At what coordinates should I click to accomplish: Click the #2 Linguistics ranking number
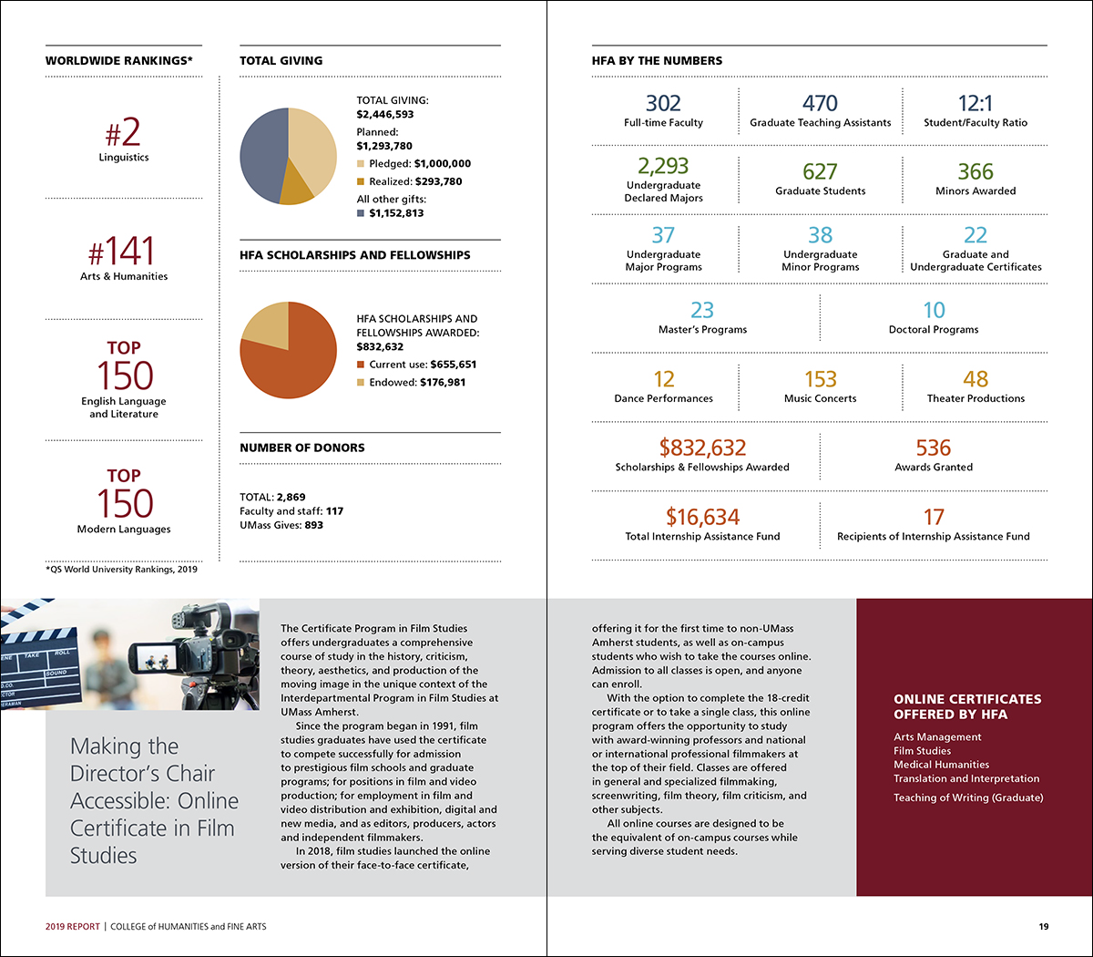123,133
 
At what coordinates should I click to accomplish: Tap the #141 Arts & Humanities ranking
122,252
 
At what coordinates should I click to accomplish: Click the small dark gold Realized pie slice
297,189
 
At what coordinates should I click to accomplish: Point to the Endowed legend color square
361,383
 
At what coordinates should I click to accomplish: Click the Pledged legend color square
361,164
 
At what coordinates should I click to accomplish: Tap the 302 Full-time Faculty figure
663,104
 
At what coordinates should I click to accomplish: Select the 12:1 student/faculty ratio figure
975,104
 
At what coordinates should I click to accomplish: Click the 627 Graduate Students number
820,172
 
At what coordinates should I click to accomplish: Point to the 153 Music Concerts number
820,379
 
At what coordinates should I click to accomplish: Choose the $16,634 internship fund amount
702,518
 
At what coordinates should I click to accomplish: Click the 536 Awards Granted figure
934,448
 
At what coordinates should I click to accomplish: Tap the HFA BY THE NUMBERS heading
657,61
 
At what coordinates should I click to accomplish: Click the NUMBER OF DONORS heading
302,448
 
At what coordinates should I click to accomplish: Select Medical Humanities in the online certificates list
941,765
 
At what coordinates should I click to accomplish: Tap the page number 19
1044,927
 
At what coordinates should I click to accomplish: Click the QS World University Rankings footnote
121,570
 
